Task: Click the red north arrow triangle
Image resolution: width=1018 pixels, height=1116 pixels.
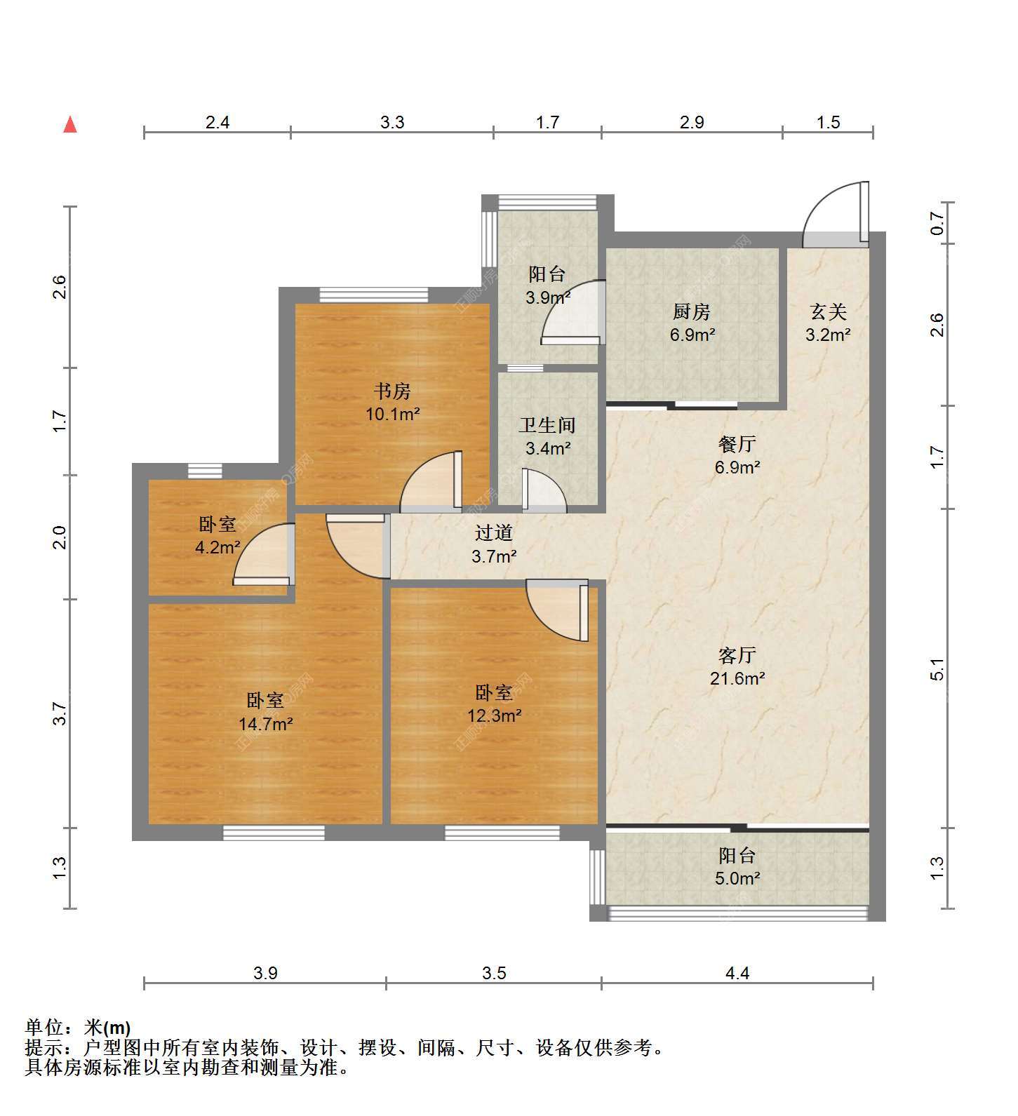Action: pyautogui.click(x=70, y=125)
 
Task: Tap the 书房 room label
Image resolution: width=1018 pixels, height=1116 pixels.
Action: pyautogui.click(x=392, y=391)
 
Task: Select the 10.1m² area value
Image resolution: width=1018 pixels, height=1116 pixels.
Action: pyautogui.click(x=392, y=414)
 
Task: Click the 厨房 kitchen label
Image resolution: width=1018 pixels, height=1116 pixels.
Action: pyautogui.click(x=692, y=311)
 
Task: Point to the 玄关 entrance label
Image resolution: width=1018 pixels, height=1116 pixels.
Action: pyautogui.click(x=829, y=311)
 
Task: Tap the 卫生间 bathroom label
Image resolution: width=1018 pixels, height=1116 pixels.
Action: pyautogui.click(x=548, y=425)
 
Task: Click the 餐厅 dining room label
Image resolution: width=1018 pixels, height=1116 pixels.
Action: pyautogui.click(x=737, y=444)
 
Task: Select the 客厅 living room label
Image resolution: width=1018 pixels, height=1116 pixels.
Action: pyautogui.click(x=737, y=655)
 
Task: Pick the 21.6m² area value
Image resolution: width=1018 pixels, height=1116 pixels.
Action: pyautogui.click(x=737, y=678)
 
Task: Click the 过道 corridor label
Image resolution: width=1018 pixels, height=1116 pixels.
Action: pyautogui.click(x=494, y=533)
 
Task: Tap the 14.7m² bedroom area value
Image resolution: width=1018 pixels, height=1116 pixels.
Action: pyautogui.click(x=265, y=724)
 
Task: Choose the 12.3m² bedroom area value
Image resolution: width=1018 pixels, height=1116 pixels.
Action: pyautogui.click(x=495, y=716)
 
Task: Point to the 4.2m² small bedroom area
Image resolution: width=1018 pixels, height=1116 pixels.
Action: pyautogui.click(x=218, y=547)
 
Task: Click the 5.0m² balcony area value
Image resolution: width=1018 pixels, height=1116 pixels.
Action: pyautogui.click(x=738, y=878)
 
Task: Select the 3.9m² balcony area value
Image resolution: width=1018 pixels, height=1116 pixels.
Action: pyautogui.click(x=549, y=297)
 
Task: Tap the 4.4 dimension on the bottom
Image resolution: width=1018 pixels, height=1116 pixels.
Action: pyautogui.click(x=737, y=973)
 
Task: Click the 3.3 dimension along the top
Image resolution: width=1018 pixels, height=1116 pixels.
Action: pyautogui.click(x=392, y=122)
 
